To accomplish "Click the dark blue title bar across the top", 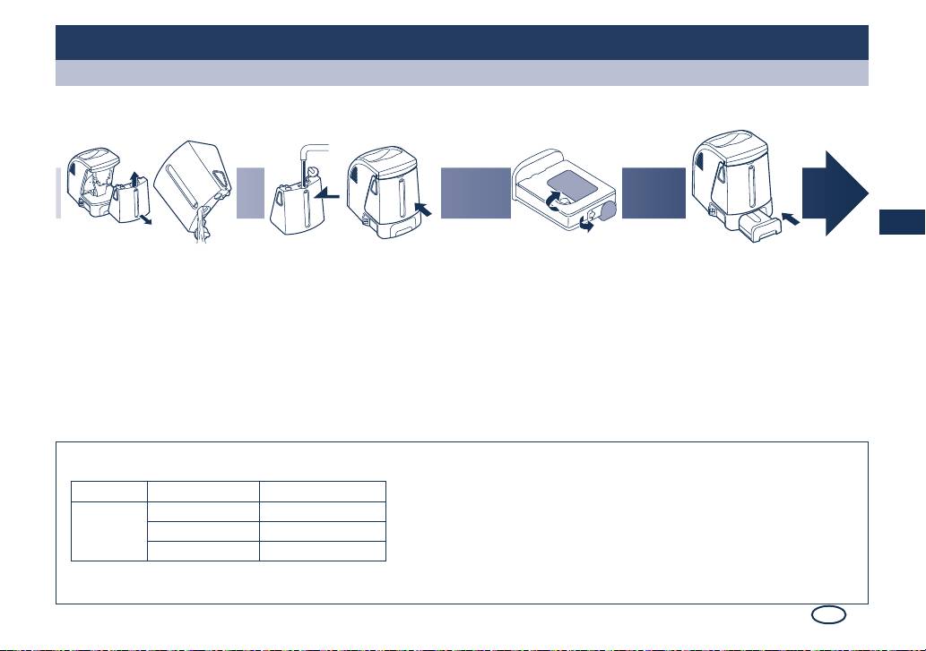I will coord(462,42).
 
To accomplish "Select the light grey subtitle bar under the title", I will coord(462,73).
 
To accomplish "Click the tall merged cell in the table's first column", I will coord(109,531).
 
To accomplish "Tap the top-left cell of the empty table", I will coord(109,491).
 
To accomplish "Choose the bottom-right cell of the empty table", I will coord(323,551).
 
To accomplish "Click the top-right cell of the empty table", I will coord(323,491).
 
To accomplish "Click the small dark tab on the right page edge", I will coord(901,221).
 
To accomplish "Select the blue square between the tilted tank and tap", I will coord(251,193).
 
